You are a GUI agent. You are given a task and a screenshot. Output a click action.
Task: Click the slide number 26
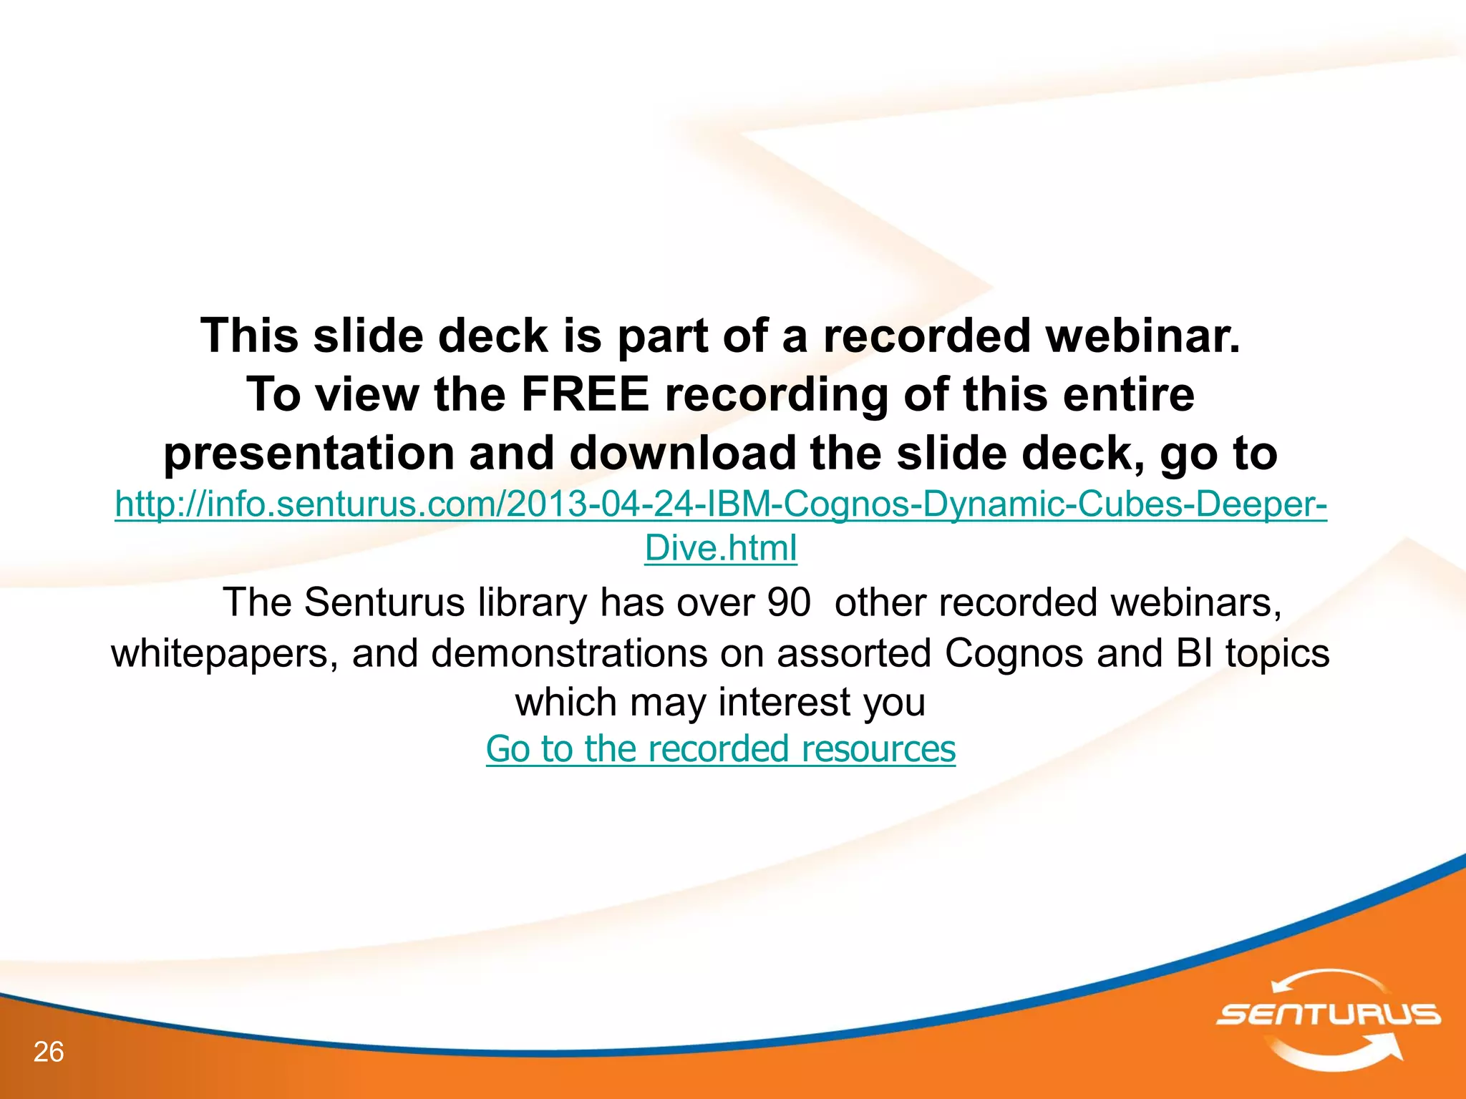[49, 1052]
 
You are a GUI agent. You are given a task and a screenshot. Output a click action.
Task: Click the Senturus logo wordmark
[1329, 1015]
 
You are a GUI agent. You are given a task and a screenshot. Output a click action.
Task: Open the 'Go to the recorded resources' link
[720, 749]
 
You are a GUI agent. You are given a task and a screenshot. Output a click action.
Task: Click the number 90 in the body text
[788, 602]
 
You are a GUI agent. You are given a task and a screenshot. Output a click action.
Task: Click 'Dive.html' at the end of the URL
[720, 548]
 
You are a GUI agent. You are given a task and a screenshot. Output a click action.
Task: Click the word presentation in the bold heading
[309, 454]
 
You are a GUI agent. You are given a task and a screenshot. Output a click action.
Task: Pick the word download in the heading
[683, 454]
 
